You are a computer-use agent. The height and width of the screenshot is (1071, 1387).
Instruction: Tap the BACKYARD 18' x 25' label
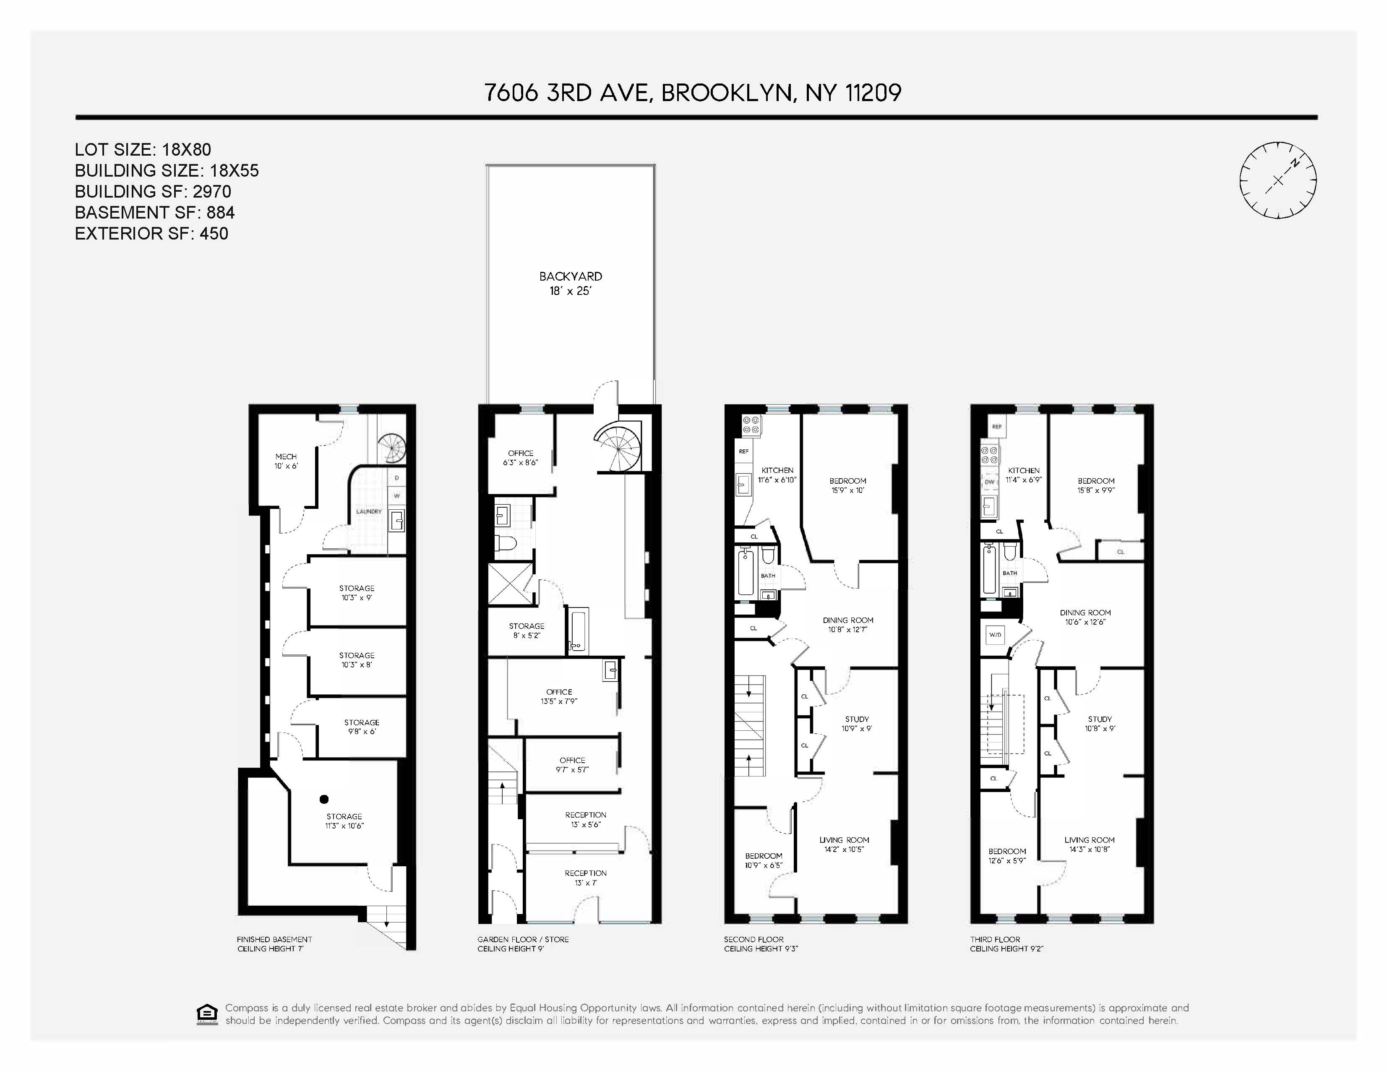point(570,283)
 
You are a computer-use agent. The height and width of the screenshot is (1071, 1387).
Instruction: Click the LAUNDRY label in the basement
point(369,511)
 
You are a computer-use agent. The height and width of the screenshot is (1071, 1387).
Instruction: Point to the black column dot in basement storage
point(324,799)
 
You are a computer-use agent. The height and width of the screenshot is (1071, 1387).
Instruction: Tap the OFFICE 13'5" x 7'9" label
point(559,696)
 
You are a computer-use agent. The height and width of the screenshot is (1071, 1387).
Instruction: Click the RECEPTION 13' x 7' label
point(586,878)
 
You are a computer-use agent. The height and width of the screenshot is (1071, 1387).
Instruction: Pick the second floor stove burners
point(751,424)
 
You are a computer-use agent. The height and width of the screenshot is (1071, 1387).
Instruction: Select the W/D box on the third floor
point(995,634)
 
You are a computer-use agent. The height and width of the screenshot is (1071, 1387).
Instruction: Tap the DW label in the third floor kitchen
point(989,482)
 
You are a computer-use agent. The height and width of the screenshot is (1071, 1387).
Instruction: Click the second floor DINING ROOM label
point(848,625)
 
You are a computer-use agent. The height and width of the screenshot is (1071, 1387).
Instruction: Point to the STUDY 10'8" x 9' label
point(1099,724)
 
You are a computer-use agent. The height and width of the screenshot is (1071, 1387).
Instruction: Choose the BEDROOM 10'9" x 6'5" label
point(764,860)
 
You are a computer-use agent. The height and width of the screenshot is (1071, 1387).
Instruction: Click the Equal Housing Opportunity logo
point(207,1014)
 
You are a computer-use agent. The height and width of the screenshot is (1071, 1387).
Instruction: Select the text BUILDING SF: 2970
point(152,191)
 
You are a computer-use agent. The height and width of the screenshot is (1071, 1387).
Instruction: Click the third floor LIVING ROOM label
point(1089,844)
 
